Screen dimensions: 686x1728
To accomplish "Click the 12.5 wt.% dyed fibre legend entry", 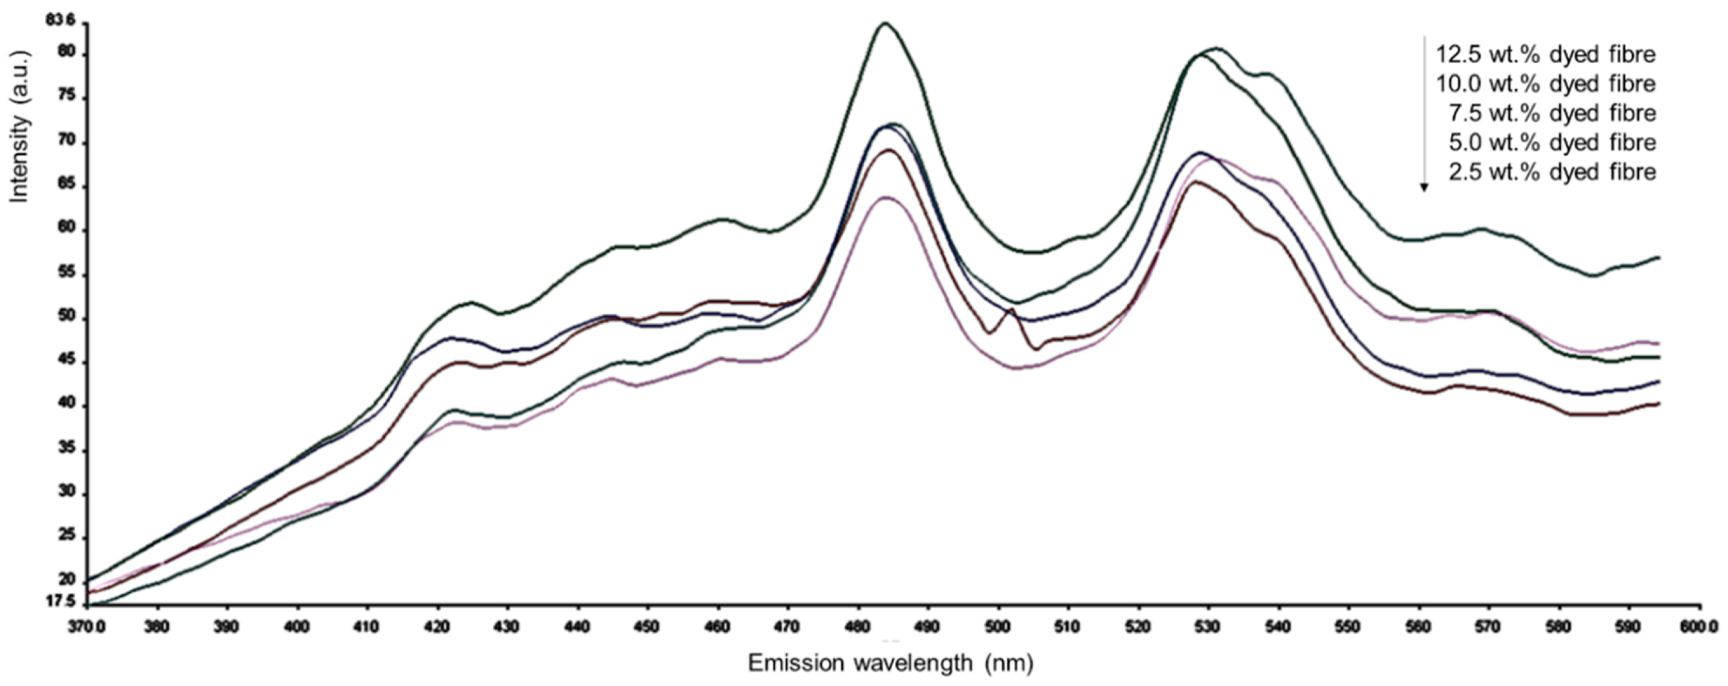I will pyautogui.click(x=1545, y=54).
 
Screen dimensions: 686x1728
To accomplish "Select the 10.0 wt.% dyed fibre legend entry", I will pyautogui.click(x=1545, y=84).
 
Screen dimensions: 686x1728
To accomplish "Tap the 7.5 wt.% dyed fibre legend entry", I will pyautogui.click(x=1552, y=113).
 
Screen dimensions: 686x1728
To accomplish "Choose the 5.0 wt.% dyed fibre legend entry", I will pyautogui.click(x=1552, y=143).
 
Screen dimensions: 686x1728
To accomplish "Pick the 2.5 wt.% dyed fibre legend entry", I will pyautogui.click(x=1552, y=172).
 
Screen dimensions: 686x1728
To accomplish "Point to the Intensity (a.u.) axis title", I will pyautogui.click(x=19, y=125).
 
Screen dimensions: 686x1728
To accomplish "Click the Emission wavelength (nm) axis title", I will pyautogui.click(x=891, y=663).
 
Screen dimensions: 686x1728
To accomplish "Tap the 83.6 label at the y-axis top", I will pyautogui.click(x=56, y=21).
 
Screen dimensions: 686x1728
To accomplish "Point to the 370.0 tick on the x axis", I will pyautogui.click(x=88, y=627).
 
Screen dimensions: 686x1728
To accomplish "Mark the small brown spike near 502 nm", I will pyautogui.click(x=1010, y=309).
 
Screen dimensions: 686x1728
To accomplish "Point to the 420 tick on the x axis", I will pyautogui.click(x=437, y=627).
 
